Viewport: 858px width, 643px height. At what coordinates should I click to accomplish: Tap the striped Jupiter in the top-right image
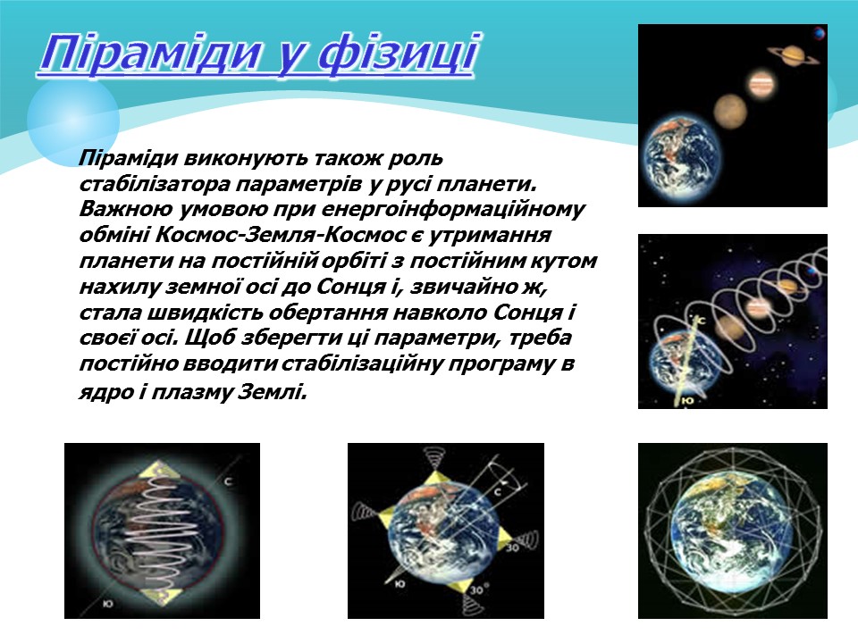(761, 86)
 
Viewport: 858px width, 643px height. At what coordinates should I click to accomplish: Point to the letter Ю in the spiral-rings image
(687, 401)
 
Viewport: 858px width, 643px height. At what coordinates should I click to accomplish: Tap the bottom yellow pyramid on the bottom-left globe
(164, 595)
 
